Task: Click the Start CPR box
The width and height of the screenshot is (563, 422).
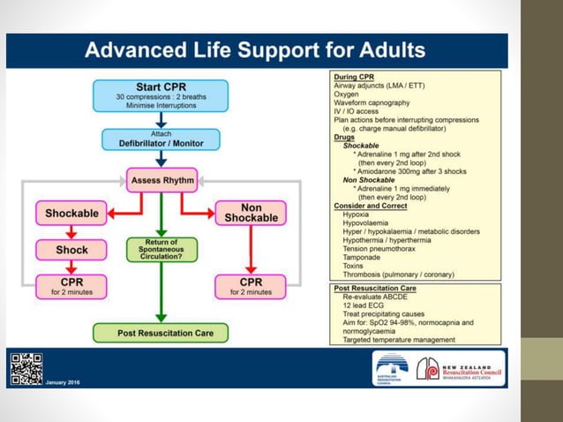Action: [160, 95]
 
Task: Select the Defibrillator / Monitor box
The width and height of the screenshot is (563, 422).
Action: [160, 139]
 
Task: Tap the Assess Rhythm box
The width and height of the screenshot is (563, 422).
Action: [160, 180]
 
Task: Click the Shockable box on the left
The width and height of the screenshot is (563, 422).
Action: [71, 213]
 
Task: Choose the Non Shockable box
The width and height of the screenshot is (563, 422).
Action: [251, 213]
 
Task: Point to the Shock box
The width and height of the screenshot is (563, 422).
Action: [71, 250]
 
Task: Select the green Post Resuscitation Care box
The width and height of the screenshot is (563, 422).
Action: [160, 333]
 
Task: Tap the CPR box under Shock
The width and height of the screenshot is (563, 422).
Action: [71, 285]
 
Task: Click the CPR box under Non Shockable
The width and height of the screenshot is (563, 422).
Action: [251, 285]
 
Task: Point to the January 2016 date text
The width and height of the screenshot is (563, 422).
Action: [63, 382]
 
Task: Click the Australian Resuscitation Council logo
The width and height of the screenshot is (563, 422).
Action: [391, 367]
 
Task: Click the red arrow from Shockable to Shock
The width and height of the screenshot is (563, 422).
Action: [71, 231]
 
